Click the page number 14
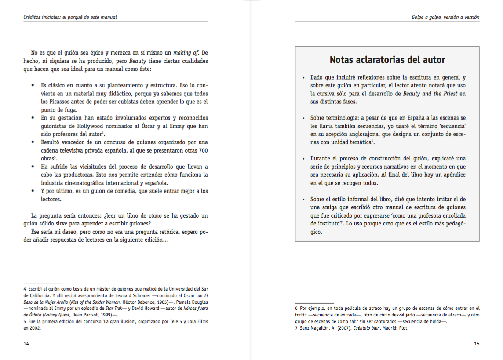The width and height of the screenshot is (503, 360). click(x=26, y=344)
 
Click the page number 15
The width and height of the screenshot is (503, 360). click(x=477, y=344)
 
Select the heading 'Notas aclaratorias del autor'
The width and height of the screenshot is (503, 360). click(x=387, y=60)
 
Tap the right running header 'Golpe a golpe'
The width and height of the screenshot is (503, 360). click(x=427, y=17)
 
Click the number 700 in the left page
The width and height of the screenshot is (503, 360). click(x=203, y=150)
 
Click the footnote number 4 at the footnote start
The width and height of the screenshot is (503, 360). click(x=25, y=289)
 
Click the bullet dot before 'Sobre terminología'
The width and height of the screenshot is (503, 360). click(x=304, y=119)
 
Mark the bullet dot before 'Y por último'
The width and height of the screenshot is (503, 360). click(x=33, y=192)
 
